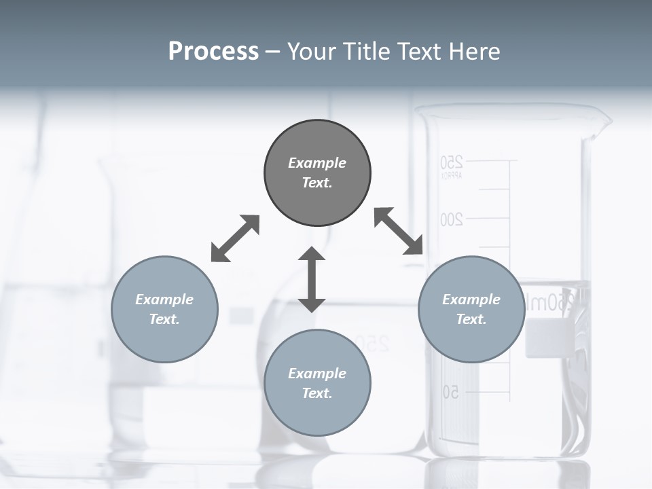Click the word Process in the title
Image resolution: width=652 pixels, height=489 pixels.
pos(213,52)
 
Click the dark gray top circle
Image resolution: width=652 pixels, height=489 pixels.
pos(317,173)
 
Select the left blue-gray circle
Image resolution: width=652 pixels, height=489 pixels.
pos(164,309)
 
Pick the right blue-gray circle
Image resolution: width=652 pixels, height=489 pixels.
pos(471,309)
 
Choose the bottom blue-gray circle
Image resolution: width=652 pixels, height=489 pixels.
pos(317,383)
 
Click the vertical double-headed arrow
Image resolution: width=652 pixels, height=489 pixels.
pos(312,280)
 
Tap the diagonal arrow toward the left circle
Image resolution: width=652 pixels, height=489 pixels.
pos(235,238)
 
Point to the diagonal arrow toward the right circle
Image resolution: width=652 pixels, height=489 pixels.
pos(399,231)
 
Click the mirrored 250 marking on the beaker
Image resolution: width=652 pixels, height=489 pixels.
pos(452,162)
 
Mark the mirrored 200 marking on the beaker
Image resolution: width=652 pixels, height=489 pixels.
pos(452,219)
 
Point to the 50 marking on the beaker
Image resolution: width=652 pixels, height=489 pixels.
pos(452,392)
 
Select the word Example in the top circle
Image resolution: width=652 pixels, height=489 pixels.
pos(317,163)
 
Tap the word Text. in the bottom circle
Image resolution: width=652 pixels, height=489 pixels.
pos(317,393)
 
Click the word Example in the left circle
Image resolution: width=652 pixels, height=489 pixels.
pos(164,300)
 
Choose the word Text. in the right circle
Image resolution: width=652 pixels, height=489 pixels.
pos(471,319)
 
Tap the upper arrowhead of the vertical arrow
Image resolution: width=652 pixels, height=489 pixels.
pos(312,255)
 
